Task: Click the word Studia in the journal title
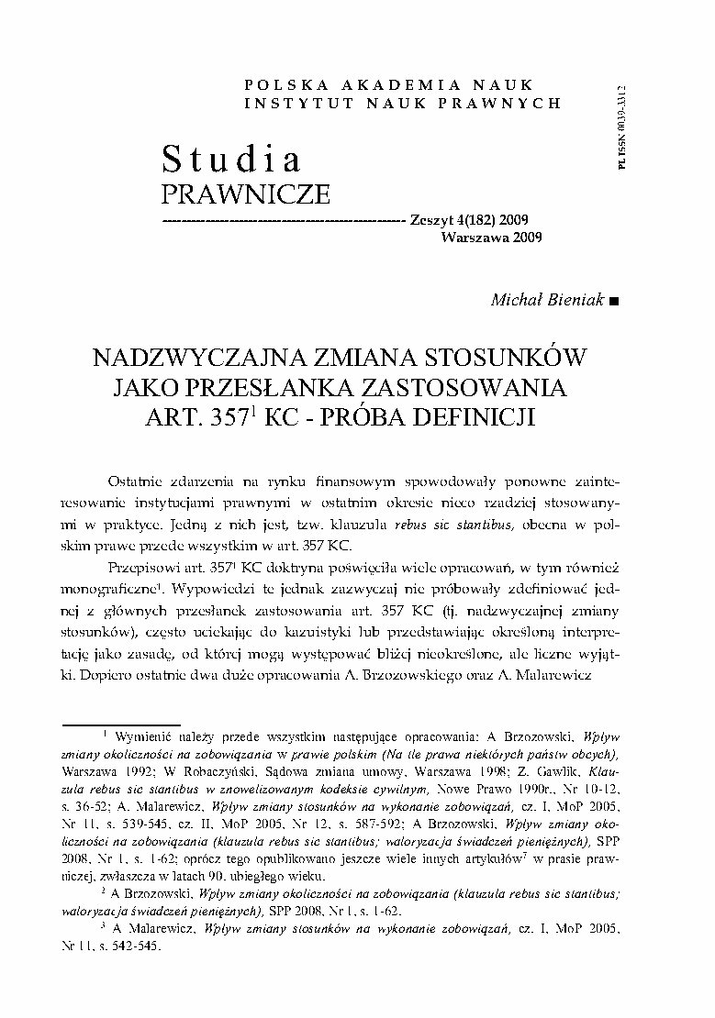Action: coord(231,160)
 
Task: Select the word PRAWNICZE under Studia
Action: coord(244,195)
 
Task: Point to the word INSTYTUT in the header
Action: coord(285,103)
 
